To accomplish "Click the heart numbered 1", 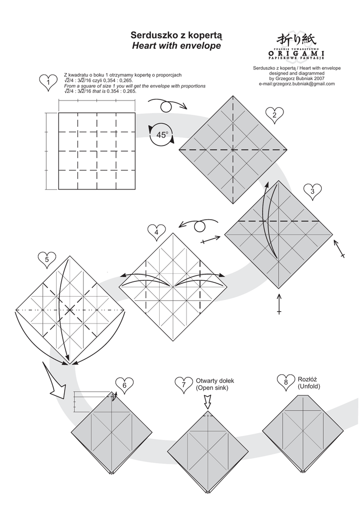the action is click(x=48, y=82).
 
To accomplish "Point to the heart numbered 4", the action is click(x=157, y=232).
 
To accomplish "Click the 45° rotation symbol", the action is click(x=162, y=135).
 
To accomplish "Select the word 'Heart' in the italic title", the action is click(x=145, y=46).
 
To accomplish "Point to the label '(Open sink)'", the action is click(x=212, y=388).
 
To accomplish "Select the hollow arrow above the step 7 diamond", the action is click(x=208, y=401).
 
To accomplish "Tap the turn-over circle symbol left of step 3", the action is click(x=199, y=226).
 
